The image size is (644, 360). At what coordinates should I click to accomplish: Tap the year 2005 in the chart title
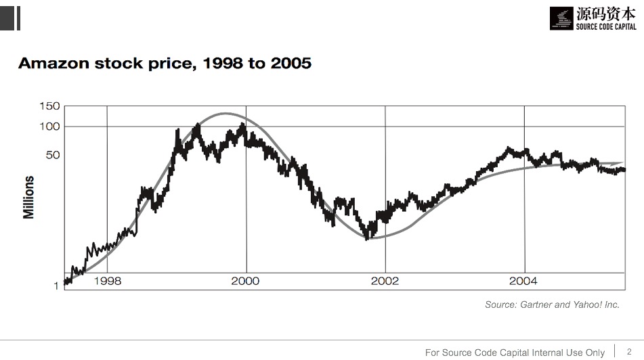[291, 64]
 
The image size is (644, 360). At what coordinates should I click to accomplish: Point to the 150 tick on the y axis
[50, 106]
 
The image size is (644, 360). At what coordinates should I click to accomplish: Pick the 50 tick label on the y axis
[53, 155]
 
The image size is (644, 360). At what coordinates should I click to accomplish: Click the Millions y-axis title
[29, 197]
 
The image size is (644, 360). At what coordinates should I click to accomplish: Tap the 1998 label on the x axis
[107, 281]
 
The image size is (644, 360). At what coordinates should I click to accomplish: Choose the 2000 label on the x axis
[245, 281]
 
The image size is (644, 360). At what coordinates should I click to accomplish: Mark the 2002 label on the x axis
[385, 281]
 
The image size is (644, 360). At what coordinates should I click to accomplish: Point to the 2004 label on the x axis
[523, 281]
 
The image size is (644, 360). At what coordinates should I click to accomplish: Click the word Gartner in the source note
[536, 305]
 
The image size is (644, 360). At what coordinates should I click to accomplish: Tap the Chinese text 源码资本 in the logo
[606, 13]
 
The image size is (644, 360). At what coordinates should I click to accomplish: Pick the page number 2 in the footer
[629, 351]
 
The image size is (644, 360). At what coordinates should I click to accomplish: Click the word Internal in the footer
[543, 353]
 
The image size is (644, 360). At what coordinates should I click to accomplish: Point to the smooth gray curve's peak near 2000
[226, 114]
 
